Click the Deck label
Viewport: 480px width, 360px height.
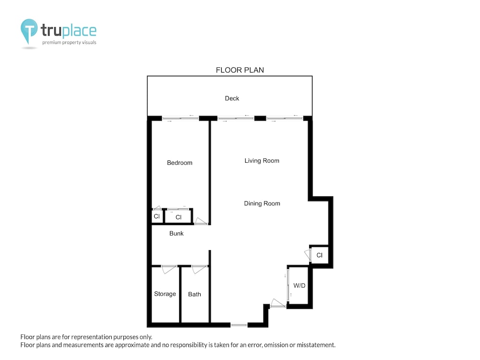pyautogui.click(x=232, y=98)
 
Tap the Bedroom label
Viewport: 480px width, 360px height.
pyautogui.click(x=180, y=163)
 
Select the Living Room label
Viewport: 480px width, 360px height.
pyautogui.click(x=262, y=161)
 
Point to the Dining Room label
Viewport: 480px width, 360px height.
pyautogui.click(x=262, y=204)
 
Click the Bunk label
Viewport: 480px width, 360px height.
pyautogui.click(x=176, y=233)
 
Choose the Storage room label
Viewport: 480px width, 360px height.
pyautogui.click(x=165, y=294)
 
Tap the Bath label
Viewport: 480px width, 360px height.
pyautogui.click(x=194, y=294)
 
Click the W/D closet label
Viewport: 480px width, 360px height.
pyautogui.click(x=299, y=286)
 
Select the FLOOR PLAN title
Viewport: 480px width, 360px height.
pyautogui.click(x=240, y=70)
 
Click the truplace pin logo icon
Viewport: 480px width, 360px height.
pyautogui.click(x=29, y=31)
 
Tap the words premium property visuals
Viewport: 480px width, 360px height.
pyautogui.click(x=69, y=43)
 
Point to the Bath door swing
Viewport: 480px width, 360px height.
pyautogui.click(x=199, y=269)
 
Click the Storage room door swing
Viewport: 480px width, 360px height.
pyautogui.click(x=168, y=269)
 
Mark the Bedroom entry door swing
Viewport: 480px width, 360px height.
pyautogui.click(x=201, y=221)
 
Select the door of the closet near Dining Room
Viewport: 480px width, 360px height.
pyautogui.click(x=308, y=255)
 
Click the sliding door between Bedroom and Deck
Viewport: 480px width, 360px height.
pyautogui.click(x=180, y=118)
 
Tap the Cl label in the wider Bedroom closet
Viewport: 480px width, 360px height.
pyautogui.click(x=179, y=217)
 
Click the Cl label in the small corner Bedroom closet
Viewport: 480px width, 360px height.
pyautogui.click(x=157, y=216)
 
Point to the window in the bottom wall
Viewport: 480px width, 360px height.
pyautogui.click(x=239, y=325)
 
